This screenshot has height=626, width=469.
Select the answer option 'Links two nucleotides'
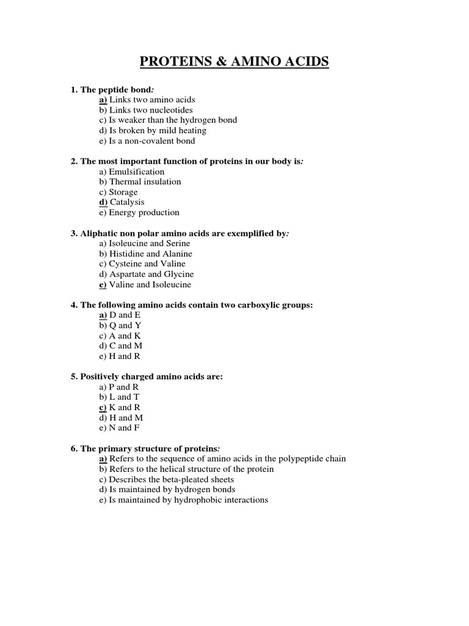tap(151, 109)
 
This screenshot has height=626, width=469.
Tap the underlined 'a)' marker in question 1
tap(103, 99)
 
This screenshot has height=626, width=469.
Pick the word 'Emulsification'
tap(137, 172)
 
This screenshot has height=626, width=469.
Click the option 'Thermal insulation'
tap(145, 182)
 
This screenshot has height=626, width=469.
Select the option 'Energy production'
tap(144, 213)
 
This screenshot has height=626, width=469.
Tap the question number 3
tap(74, 234)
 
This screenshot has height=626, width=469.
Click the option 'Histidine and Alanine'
tap(150, 254)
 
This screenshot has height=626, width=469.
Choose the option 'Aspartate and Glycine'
tap(151, 274)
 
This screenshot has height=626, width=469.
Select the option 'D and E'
tap(125, 315)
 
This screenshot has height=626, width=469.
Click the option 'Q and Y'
tap(125, 326)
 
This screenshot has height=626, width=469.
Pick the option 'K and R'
tap(125, 407)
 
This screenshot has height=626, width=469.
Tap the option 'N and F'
tap(125, 428)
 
